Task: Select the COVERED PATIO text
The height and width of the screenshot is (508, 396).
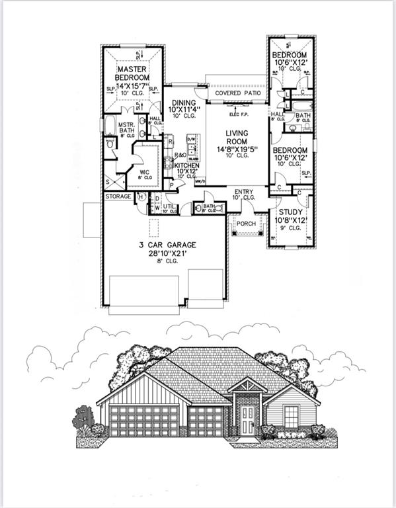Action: [x=237, y=94]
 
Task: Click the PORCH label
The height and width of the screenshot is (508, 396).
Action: [x=247, y=224]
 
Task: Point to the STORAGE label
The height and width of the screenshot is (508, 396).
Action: [x=118, y=196]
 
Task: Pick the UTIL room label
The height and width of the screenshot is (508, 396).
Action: [x=169, y=206]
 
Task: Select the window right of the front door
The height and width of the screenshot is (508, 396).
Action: [x=293, y=416]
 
